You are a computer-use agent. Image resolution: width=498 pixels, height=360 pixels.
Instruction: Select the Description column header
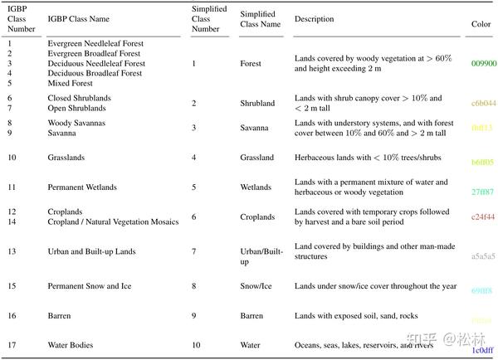click(314, 19)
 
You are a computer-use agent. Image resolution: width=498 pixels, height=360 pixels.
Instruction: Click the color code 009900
click(483, 64)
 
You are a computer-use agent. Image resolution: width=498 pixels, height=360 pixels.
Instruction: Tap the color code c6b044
click(483, 104)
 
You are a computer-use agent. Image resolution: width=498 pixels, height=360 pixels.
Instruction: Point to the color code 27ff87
click(483, 192)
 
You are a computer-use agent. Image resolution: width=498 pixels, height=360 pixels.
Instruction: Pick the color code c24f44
click(483, 217)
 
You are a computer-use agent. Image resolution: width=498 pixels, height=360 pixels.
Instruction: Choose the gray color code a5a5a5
click(483, 256)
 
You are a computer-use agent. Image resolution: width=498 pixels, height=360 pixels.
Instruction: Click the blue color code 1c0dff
click(483, 351)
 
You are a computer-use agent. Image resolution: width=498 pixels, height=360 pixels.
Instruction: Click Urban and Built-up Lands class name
click(91, 251)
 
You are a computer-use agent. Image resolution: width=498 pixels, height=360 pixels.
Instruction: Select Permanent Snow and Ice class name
click(90, 286)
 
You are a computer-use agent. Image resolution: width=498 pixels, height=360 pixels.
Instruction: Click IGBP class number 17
click(12, 344)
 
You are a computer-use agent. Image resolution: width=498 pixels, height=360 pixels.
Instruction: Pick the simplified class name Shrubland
click(257, 104)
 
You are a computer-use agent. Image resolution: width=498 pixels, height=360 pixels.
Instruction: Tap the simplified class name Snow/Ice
click(256, 286)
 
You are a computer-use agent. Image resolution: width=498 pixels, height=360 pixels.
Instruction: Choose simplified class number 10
click(195, 344)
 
